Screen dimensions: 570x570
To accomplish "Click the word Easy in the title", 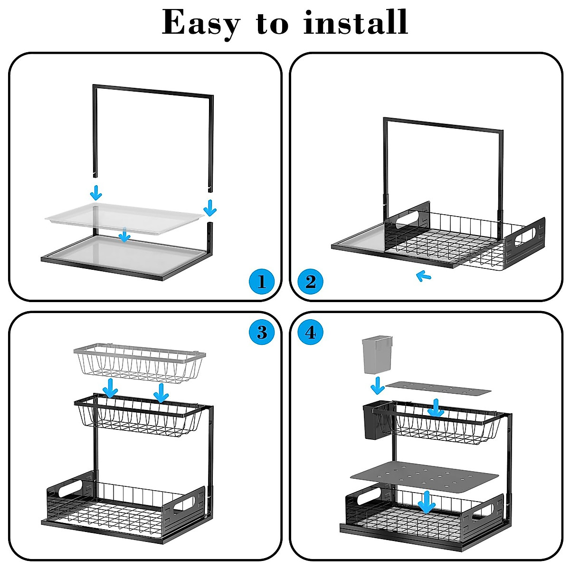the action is (201, 23).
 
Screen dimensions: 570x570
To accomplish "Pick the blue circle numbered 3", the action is (262, 332).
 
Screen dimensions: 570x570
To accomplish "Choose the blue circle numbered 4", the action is (310, 332).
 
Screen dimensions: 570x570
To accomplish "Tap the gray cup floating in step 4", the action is (378, 354).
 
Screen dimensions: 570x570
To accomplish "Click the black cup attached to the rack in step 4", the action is (373, 421).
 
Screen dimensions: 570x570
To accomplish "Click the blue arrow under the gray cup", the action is (378, 385).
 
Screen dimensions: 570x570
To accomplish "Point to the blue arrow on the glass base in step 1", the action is (124, 234).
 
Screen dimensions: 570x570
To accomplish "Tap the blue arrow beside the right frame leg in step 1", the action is (209, 208).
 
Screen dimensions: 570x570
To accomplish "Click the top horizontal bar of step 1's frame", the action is (152, 90).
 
